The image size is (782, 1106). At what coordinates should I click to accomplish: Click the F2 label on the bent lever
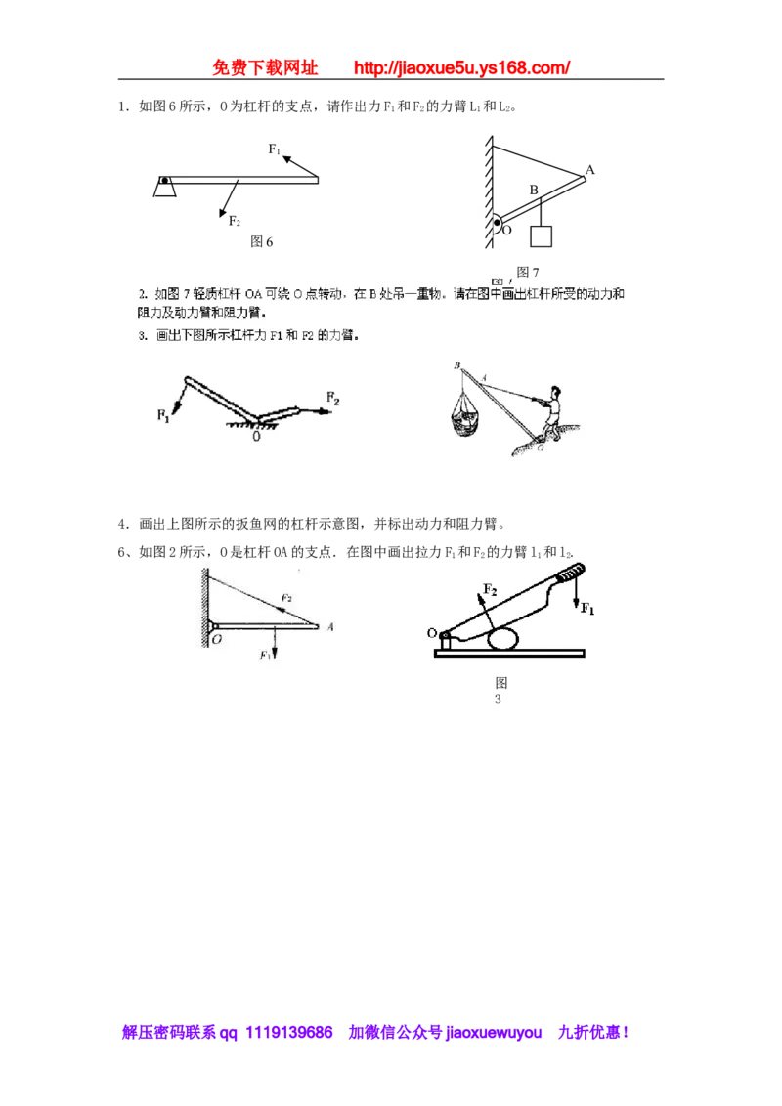click(333, 399)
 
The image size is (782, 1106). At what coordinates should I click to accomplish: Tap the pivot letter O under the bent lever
click(256, 438)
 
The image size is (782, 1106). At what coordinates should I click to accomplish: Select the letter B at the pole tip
click(456, 365)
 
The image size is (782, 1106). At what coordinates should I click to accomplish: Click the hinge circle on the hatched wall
click(497, 225)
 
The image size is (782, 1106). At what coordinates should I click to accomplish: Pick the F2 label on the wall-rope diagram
click(286, 597)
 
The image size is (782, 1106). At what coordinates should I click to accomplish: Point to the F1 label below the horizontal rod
click(265, 655)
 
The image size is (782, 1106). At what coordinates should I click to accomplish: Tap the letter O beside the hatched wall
click(215, 641)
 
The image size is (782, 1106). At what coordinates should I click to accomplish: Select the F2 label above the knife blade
click(491, 591)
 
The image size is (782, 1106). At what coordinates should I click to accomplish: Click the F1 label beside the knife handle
click(587, 609)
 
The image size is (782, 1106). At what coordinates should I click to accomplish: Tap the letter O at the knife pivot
click(431, 633)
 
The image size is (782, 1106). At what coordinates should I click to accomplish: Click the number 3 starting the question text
click(142, 335)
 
